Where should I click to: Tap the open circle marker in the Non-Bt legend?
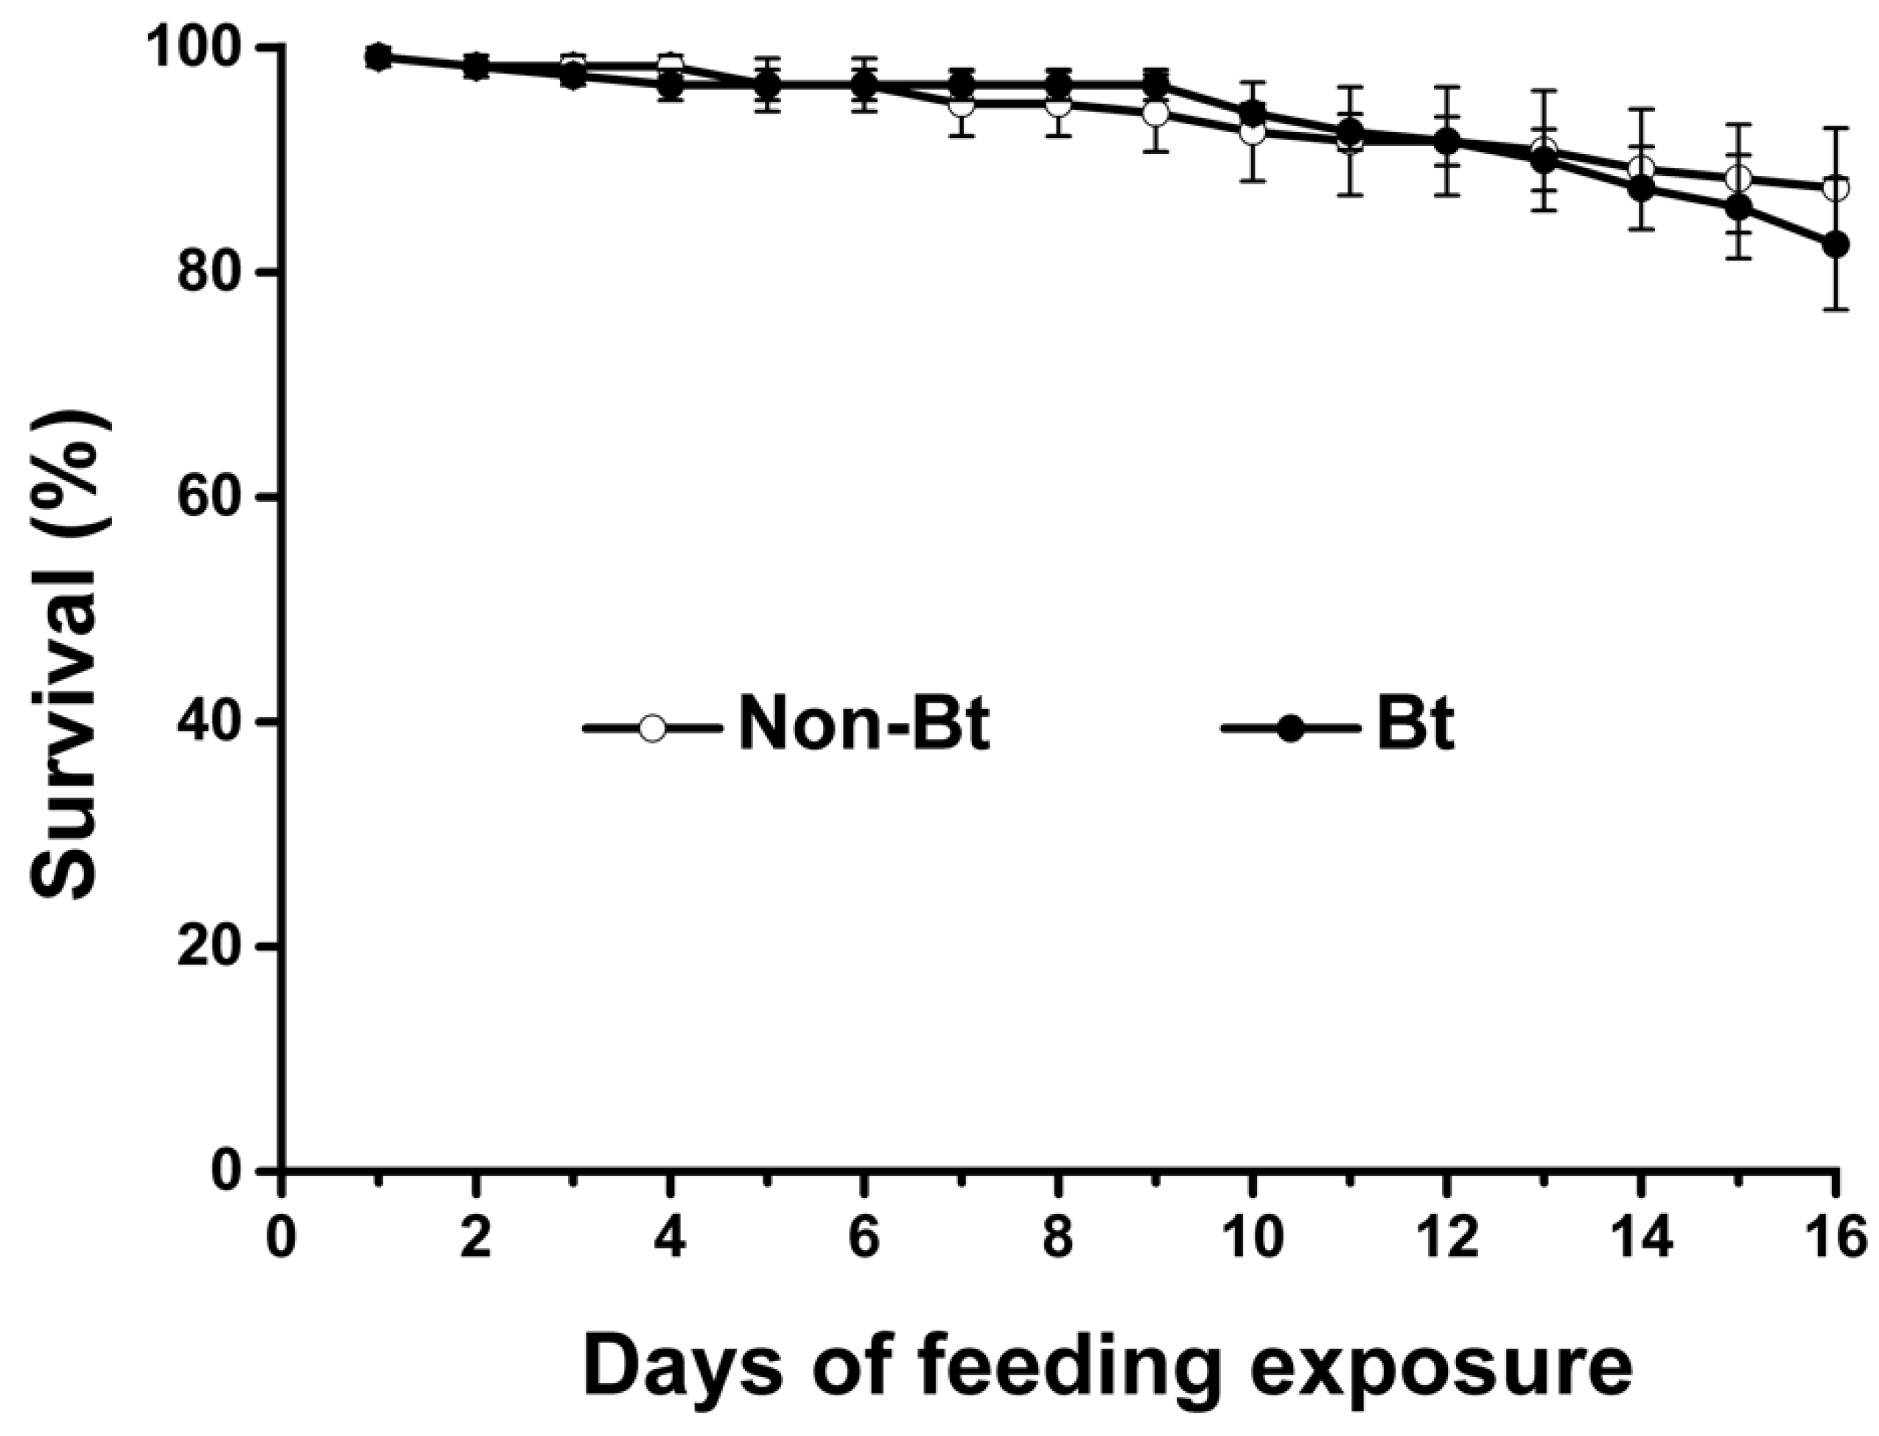(652, 728)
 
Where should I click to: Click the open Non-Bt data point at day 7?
(962, 103)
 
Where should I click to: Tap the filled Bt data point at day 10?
(1252, 113)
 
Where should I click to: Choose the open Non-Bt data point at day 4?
(671, 65)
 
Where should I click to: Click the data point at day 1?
(379, 57)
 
